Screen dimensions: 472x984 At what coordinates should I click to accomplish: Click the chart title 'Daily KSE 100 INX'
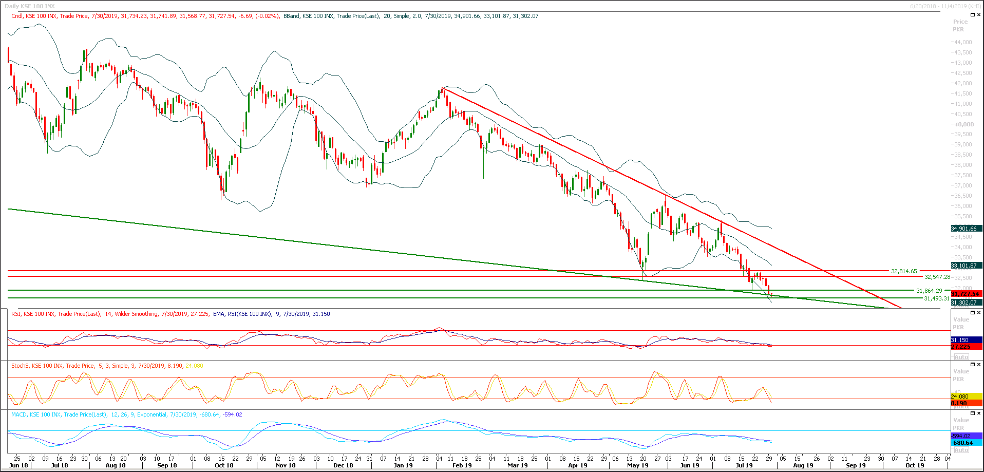point(30,6)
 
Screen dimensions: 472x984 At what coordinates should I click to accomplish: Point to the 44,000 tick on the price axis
point(962,42)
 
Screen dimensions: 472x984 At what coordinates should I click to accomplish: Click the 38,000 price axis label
point(962,165)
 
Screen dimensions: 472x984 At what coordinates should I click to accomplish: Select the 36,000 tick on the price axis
point(962,206)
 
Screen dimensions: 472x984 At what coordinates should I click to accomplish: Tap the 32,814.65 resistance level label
point(903,271)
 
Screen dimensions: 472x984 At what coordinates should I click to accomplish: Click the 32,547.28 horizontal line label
point(937,277)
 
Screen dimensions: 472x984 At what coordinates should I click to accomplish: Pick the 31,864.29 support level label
point(929,291)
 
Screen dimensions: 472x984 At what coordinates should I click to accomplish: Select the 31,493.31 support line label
point(937,298)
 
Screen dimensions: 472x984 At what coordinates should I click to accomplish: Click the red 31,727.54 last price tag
point(966,294)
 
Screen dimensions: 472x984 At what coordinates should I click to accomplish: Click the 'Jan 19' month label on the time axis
point(403,465)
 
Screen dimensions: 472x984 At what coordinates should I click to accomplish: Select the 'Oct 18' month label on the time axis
point(224,465)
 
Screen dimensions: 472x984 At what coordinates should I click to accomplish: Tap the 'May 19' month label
point(638,465)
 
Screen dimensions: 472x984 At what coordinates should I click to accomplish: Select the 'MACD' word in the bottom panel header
point(19,414)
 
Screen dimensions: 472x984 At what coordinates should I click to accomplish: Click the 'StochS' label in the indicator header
point(20,366)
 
